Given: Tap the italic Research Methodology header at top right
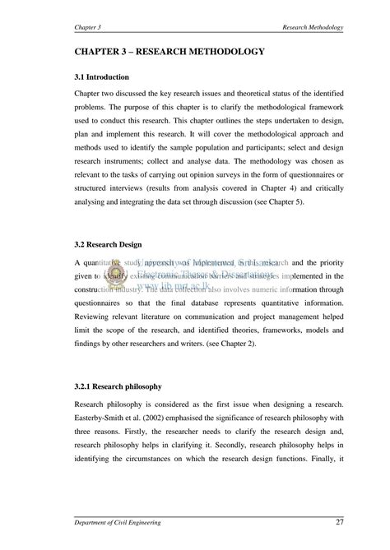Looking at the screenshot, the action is coord(312,27).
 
